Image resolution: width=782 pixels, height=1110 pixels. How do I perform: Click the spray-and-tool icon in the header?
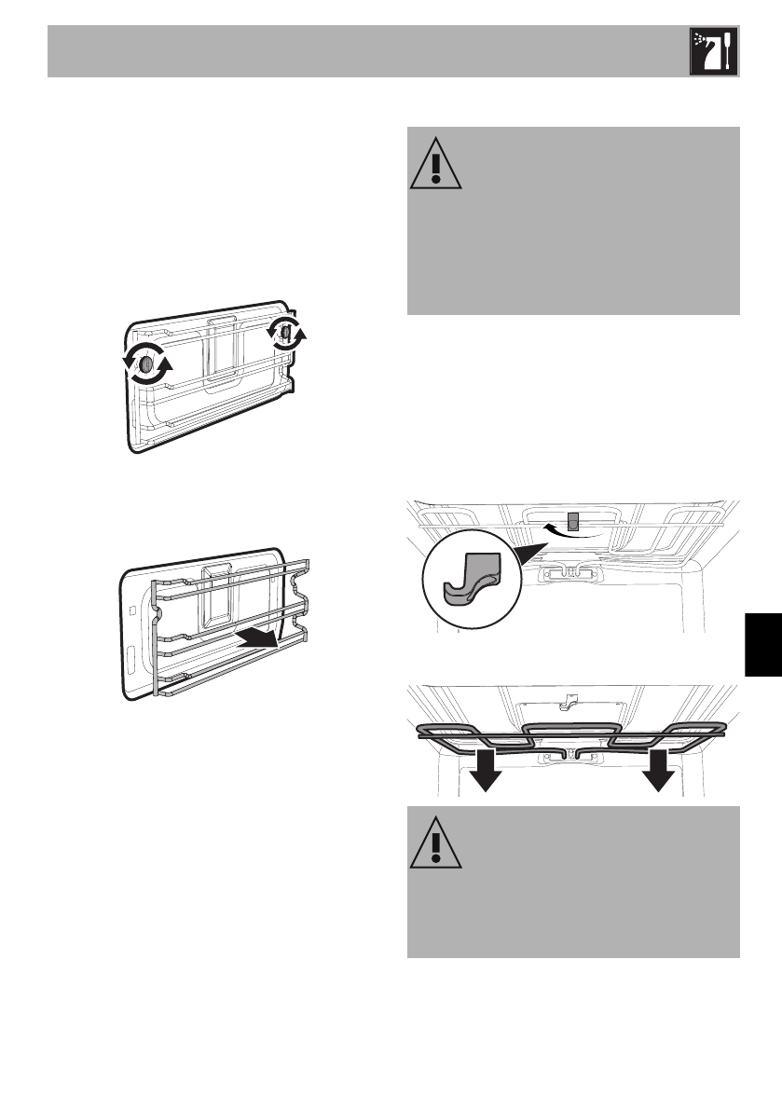tap(713, 51)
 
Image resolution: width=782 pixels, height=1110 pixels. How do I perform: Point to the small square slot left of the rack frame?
tap(136, 612)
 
